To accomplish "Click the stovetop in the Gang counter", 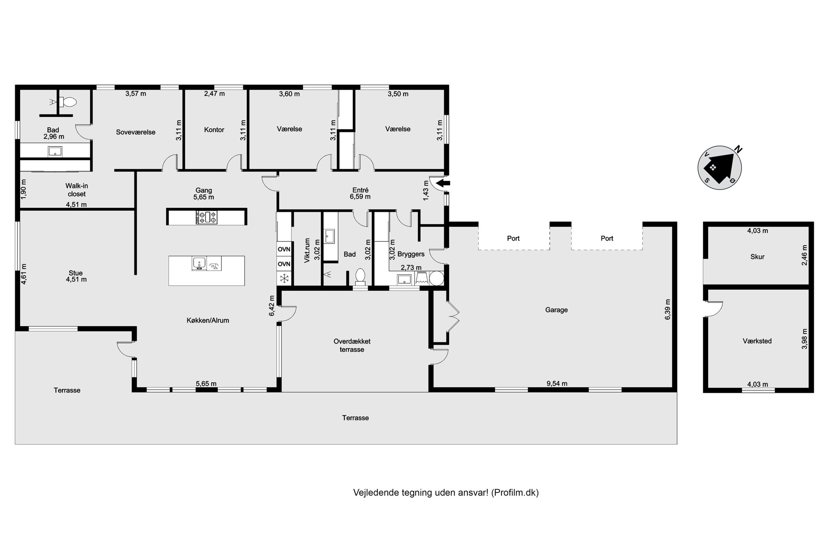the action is (x=207, y=217).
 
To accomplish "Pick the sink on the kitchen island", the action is (x=199, y=264).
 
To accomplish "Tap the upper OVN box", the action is (x=284, y=249).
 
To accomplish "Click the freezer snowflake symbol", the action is (x=284, y=278).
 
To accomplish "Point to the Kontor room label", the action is (x=214, y=130).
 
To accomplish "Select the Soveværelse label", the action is (x=136, y=132).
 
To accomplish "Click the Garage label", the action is (x=556, y=310).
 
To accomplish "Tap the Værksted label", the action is (x=757, y=341).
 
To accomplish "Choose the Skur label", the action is (x=757, y=257).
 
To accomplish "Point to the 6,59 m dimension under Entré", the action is (x=360, y=197).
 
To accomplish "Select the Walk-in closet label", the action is (x=77, y=190).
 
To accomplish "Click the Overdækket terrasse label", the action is (x=352, y=346).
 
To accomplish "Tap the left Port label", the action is (x=513, y=239).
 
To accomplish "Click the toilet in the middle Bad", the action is (x=360, y=277).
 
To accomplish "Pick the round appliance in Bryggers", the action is (x=436, y=278).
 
